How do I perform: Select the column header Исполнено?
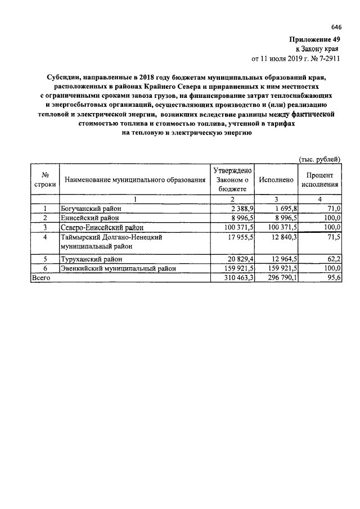[x=276, y=179]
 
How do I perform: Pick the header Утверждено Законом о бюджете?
[x=233, y=179]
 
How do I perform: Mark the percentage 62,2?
[x=334, y=259]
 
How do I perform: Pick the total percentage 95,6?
[x=334, y=277]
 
